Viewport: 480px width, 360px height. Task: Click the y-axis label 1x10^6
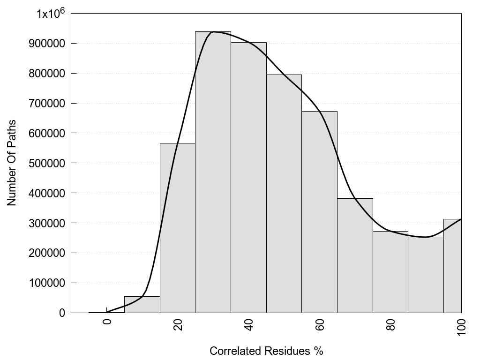pyautogui.click(x=50, y=14)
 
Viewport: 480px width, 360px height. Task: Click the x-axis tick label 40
pyautogui.click(x=249, y=324)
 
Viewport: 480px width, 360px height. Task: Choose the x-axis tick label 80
pyautogui.click(x=391, y=324)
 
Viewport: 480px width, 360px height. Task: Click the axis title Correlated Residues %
pyautogui.click(x=266, y=351)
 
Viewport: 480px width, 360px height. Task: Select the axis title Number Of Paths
pyautogui.click(x=12, y=163)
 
